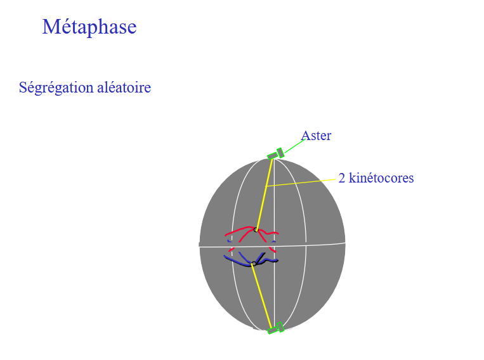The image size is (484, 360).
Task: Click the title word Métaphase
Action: (89, 27)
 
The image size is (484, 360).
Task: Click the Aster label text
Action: (316, 136)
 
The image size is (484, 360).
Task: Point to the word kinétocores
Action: (381, 178)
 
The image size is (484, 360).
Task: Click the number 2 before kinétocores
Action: (342, 178)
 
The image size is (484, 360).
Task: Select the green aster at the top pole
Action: (276, 154)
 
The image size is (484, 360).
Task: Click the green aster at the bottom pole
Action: (276, 328)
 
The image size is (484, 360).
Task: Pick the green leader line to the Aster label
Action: (292, 146)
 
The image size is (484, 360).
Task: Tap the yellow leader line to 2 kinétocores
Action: (301, 183)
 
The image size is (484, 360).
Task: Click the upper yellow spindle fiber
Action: (263, 196)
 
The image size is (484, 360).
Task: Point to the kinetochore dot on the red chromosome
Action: (256, 229)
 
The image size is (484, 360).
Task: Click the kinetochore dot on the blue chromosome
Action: (254, 264)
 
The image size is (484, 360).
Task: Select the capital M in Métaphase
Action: (49, 27)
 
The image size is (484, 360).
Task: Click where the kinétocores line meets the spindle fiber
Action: (267, 186)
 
